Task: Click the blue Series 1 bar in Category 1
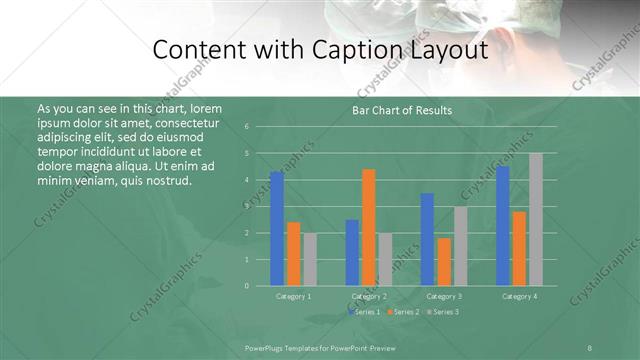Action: pyautogui.click(x=276, y=229)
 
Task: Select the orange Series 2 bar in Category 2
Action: pyautogui.click(x=368, y=227)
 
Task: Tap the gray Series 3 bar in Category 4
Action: pyautogui.click(x=535, y=219)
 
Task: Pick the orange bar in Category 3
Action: pyautogui.click(x=444, y=262)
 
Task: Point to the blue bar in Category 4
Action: pyautogui.click(x=503, y=226)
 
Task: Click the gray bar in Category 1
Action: pyautogui.click(x=310, y=259)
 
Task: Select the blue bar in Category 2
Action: pyautogui.click(x=352, y=252)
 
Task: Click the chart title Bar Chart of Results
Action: pyautogui.click(x=403, y=110)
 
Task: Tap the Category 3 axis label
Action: pyautogui.click(x=443, y=296)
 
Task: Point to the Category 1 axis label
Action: pyautogui.click(x=293, y=296)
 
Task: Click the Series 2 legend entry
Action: pyautogui.click(x=403, y=312)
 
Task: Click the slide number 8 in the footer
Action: pyautogui.click(x=590, y=347)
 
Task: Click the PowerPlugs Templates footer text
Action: pyautogui.click(x=301, y=347)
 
